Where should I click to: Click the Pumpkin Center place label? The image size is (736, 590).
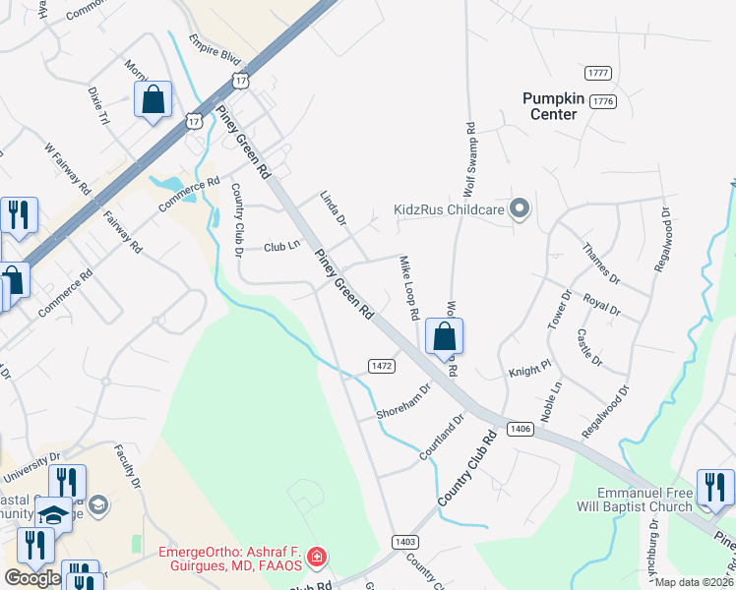pyautogui.click(x=554, y=105)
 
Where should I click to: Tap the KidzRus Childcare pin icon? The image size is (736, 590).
pyautogui.click(x=521, y=208)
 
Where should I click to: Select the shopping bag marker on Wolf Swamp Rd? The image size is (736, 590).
pyautogui.click(x=445, y=336)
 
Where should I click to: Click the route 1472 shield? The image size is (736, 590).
pyautogui.click(x=382, y=365)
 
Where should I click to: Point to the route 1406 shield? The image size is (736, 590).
pyautogui.click(x=521, y=429)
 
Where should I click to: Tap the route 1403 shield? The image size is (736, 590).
pyautogui.click(x=404, y=542)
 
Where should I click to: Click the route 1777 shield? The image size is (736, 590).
pyautogui.click(x=597, y=74)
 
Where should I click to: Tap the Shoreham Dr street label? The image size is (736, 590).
pyautogui.click(x=404, y=401)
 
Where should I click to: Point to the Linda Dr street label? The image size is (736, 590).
pyautogui.click(x=334, y=209)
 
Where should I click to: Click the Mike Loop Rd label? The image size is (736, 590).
pyautogui.click(x=409, y=288)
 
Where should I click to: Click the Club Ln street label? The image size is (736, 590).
pyautogui.click(x=281, y=247)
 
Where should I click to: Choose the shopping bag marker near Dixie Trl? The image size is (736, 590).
pyautogui.click(x=153, y=99)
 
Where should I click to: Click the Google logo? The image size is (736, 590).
pyautogui.click(x=32, y=578)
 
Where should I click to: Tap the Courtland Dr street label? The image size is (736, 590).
pyautogui.click(x=441, y=440)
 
